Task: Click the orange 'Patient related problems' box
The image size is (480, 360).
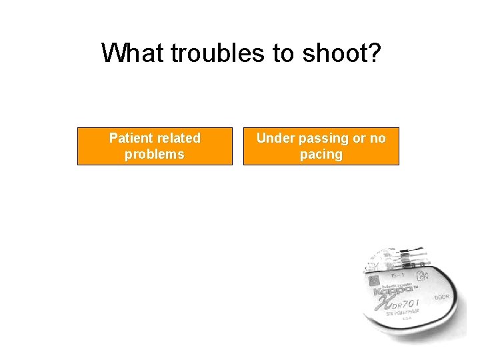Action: point(155,146)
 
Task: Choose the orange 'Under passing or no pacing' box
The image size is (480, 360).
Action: point(321,146)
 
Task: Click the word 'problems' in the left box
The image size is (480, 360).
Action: point(155,154)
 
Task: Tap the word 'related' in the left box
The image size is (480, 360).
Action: point(178,138)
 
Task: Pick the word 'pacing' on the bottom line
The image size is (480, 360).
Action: point(321,154)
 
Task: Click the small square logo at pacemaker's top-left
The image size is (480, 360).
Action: point(374,280)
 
